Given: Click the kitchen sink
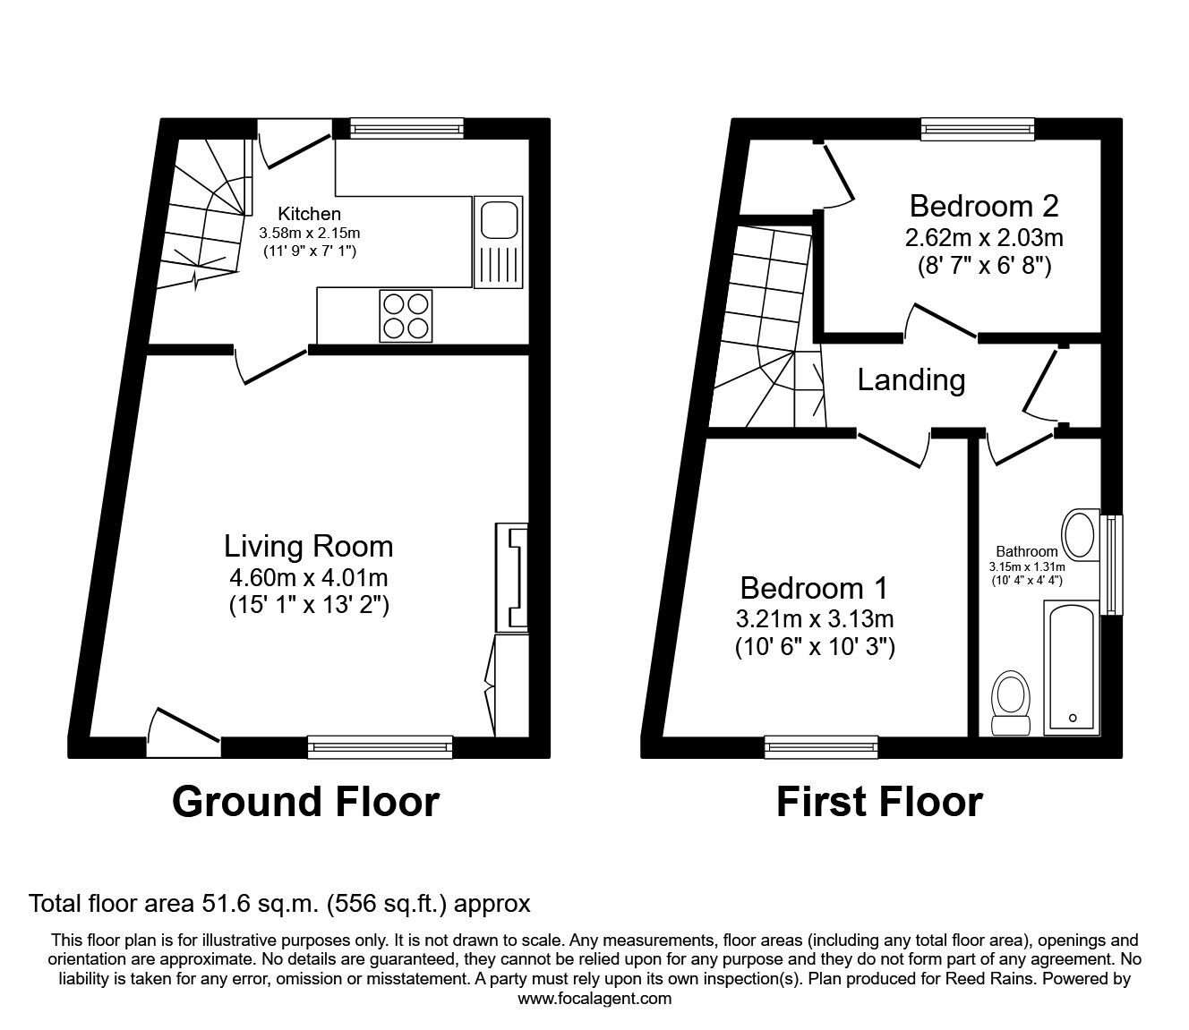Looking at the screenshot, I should click(498, 242).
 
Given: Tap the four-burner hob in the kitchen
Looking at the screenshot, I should click(406, 315).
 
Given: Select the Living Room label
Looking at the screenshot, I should click(308, 546).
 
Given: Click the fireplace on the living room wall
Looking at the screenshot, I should click(512, 577).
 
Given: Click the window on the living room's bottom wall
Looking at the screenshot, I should click(381, 746).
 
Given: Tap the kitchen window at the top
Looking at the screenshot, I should click(406, 129).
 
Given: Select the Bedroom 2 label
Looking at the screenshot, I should click(984, 206).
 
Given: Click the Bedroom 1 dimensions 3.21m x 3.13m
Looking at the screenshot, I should click(814, 617).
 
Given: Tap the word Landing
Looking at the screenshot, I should click(911, 380).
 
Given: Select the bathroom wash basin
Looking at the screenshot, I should click(1081, 534).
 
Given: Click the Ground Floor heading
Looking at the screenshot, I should click(305, 802).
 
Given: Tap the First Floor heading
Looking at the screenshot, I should click(879, 802).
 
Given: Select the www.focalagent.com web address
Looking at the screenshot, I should click(594, 999).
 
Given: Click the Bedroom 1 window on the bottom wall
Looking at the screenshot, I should click(821, 746).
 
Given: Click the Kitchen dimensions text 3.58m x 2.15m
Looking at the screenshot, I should click(310, 233).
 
